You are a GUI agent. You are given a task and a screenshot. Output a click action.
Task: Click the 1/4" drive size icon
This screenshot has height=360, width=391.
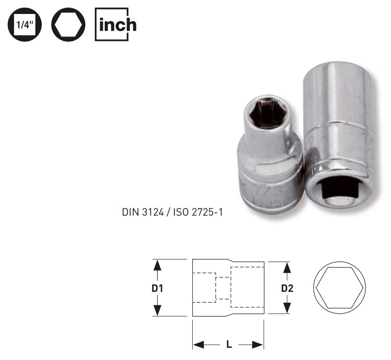point(24,25)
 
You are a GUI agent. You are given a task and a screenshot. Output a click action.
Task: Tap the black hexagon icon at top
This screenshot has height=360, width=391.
point(68,25)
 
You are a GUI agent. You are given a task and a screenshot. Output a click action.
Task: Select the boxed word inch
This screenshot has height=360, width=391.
point(116,25)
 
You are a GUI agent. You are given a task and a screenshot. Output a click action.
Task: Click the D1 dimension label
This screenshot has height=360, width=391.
point(157,288)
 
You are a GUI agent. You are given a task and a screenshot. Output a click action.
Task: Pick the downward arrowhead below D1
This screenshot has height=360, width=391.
point(157,311)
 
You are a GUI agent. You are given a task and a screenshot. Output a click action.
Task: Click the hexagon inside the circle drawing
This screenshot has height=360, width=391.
point(337,288)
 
